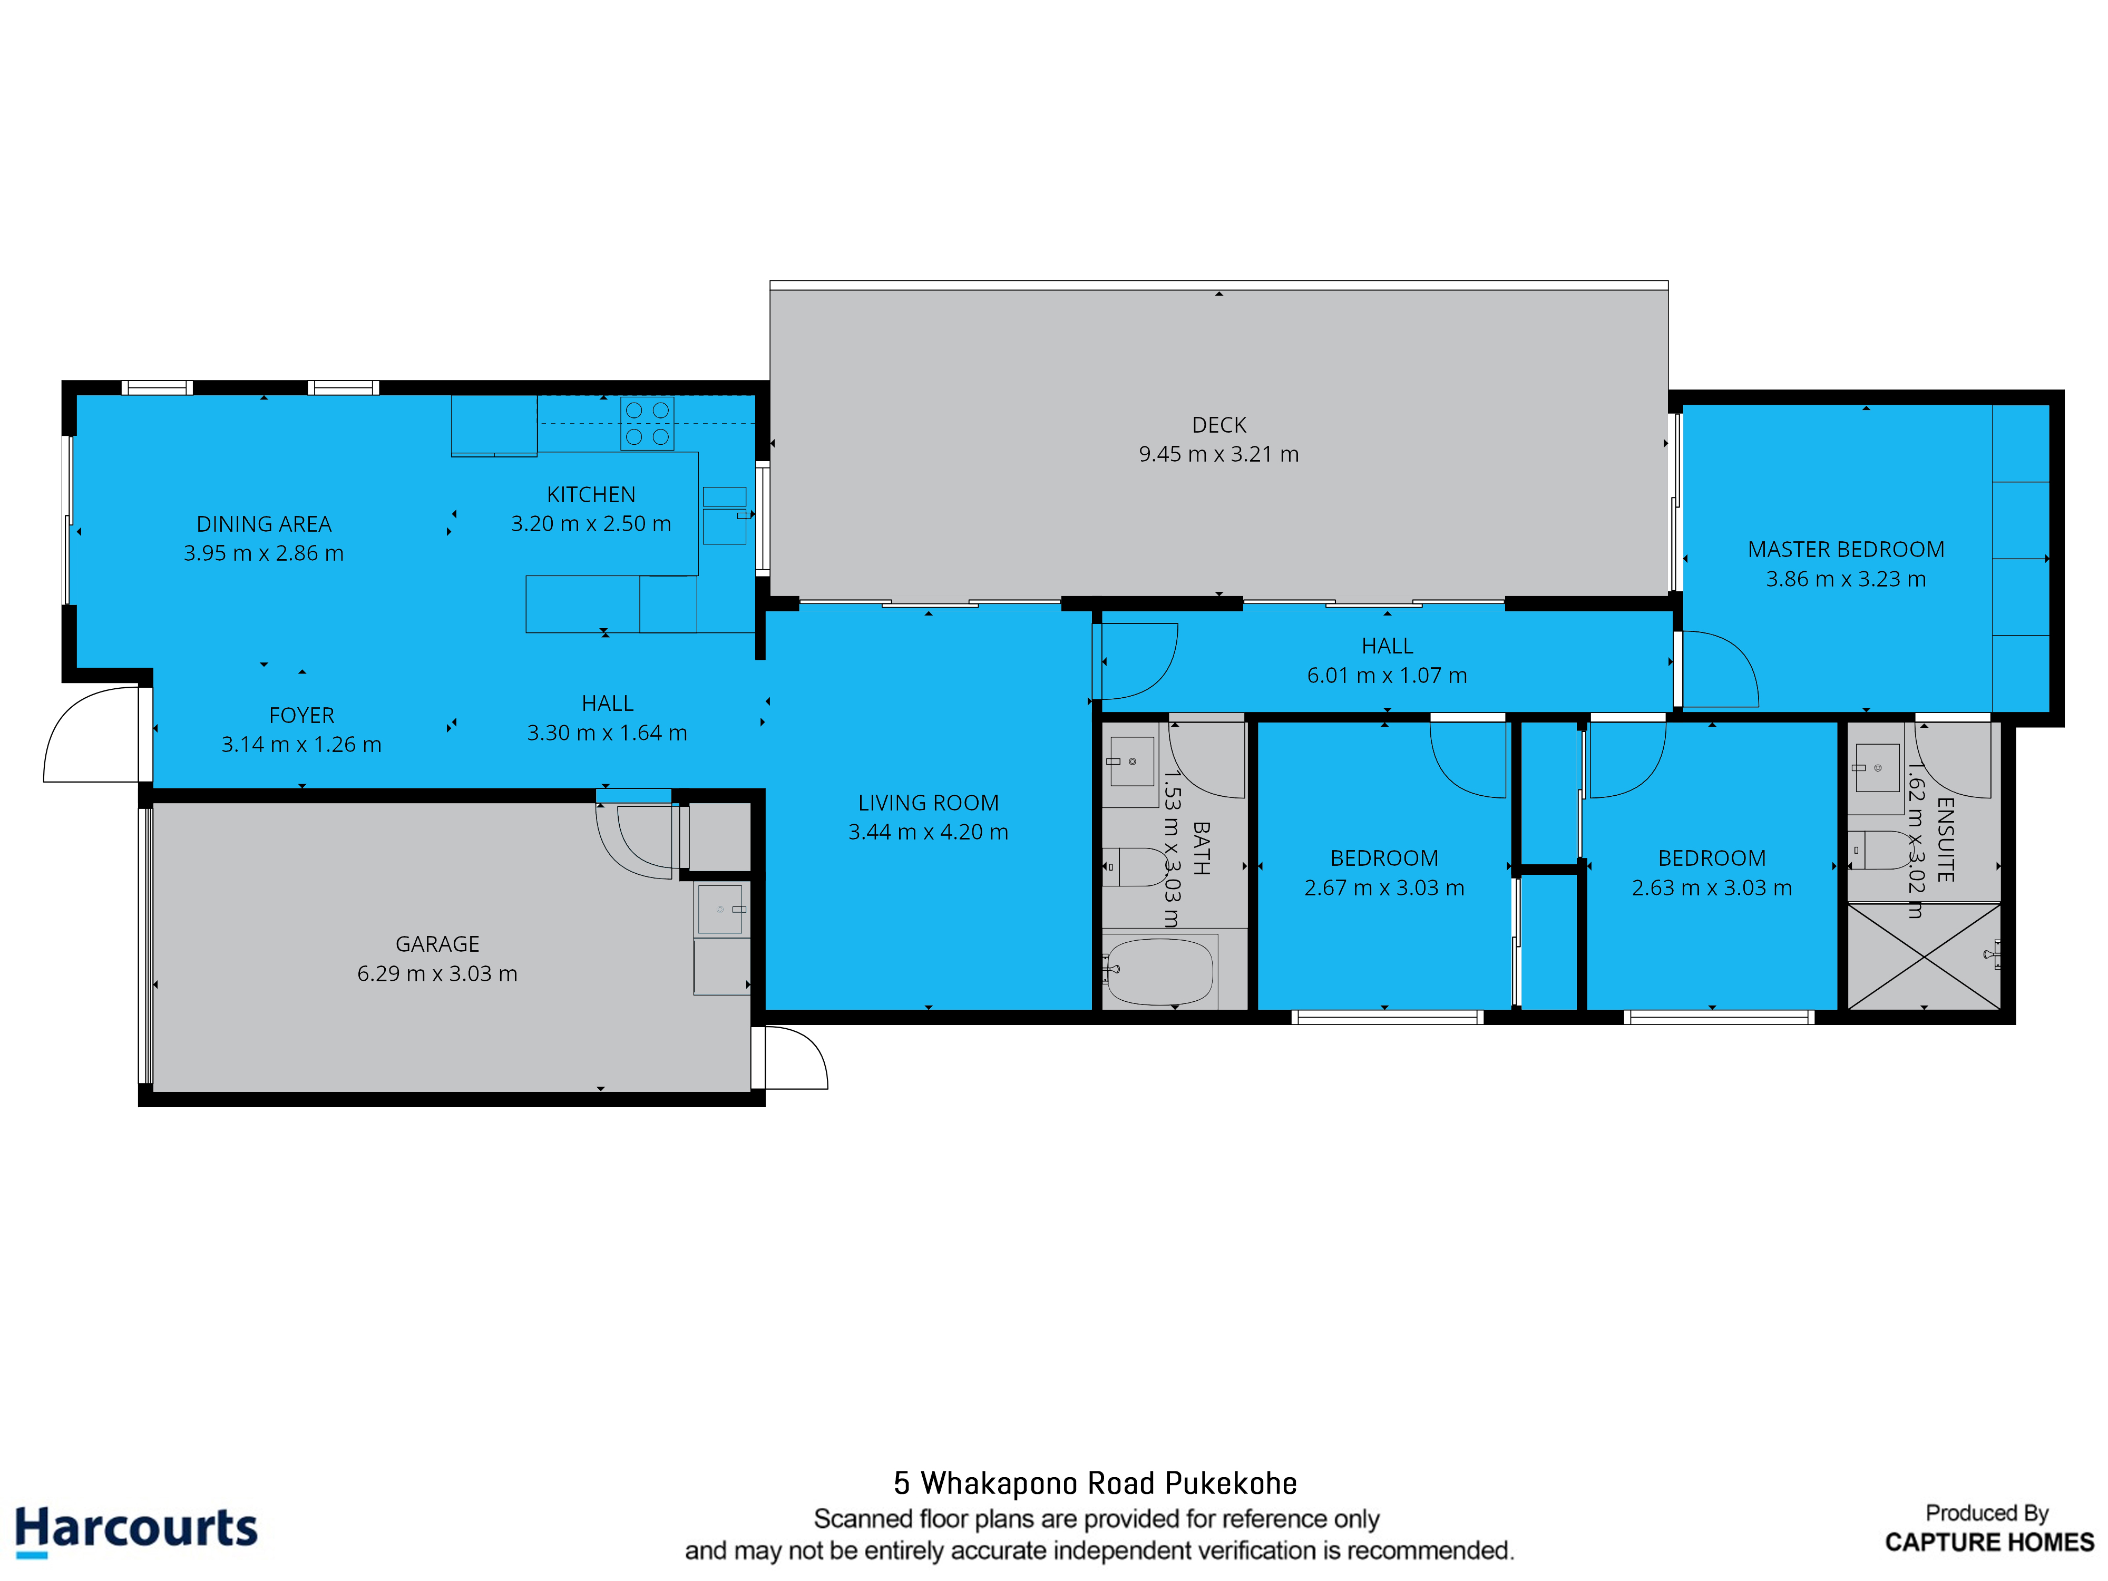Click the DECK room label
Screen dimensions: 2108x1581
(x=1219, y=425)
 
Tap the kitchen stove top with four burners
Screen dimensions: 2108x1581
(x=647, y=423)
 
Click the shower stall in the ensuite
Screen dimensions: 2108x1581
(x=1924, y=956)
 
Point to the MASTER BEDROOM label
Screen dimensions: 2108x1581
(x=1846, y=550)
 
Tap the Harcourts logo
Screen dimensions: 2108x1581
(x=136, y=1529)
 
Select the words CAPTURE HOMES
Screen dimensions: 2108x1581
(x=1989, y=1542)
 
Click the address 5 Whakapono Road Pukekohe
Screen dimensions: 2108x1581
(x=1095, y=1483)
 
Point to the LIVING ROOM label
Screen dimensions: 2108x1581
(x=928, y=803)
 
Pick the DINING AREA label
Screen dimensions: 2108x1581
(x=264, y=524)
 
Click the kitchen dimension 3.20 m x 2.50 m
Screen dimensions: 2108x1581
(x=591, y=523)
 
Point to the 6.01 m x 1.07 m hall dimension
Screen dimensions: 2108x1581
(x=1387, y=676)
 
